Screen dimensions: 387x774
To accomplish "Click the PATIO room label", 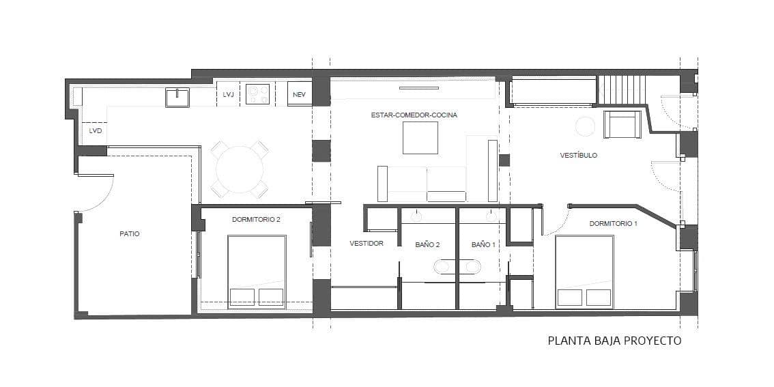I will [x=130, y=233].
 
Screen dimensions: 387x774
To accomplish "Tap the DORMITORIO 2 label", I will [x=256, y=219].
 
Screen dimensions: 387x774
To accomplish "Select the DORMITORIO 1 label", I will [x=614, y=224].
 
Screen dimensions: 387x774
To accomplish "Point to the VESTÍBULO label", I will [x=578, y=156].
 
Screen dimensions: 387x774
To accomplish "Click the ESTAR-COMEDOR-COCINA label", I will [x=414, y=115].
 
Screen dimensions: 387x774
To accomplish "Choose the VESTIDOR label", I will [x=366, y=243].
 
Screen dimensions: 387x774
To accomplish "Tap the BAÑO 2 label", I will [x=427, y=244].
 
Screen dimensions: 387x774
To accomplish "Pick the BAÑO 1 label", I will [x=483, y=244].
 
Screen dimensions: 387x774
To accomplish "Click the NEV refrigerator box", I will [x=299, y=94].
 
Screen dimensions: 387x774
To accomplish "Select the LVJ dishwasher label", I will [x=228, y=95].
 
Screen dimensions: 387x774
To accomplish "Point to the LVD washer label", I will [x=95, y=130].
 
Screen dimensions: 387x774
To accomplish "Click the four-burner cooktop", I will [x=258, y=94].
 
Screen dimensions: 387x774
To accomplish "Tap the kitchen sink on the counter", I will [x=177, y=98].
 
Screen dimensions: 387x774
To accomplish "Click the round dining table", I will [x=239, y=169].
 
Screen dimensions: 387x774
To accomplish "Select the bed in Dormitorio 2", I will [x=256, y=272].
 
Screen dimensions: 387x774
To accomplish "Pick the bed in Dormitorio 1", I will [x=584, y=272].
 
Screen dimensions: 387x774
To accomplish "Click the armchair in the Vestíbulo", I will [x=622, y=124].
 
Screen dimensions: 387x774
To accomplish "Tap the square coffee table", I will [x=420, y=138].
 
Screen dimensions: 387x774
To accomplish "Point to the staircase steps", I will [x=621, y=89].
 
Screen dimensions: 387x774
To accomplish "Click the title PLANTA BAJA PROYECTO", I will [x=614, y=341].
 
